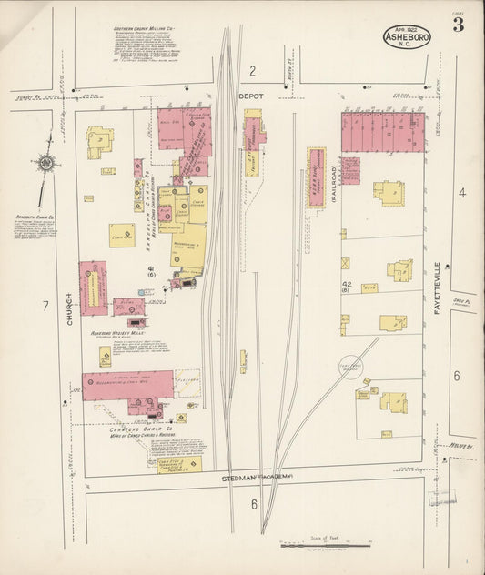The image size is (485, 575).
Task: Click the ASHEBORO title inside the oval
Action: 408,37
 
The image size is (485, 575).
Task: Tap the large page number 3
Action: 459,25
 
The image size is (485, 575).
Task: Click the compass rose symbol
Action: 45,164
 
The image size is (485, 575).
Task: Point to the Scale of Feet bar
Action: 326,546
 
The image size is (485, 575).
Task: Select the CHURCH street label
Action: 68,309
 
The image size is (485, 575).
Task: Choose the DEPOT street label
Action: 250,94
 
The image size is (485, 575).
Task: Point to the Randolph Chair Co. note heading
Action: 35,217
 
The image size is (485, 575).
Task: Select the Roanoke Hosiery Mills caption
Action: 118,334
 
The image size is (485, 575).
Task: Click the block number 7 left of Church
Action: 45,306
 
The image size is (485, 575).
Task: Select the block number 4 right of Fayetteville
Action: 461,192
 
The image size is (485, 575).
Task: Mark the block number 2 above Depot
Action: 253,71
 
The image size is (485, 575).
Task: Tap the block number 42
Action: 346,285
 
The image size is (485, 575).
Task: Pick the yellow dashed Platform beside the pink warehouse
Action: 187,382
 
